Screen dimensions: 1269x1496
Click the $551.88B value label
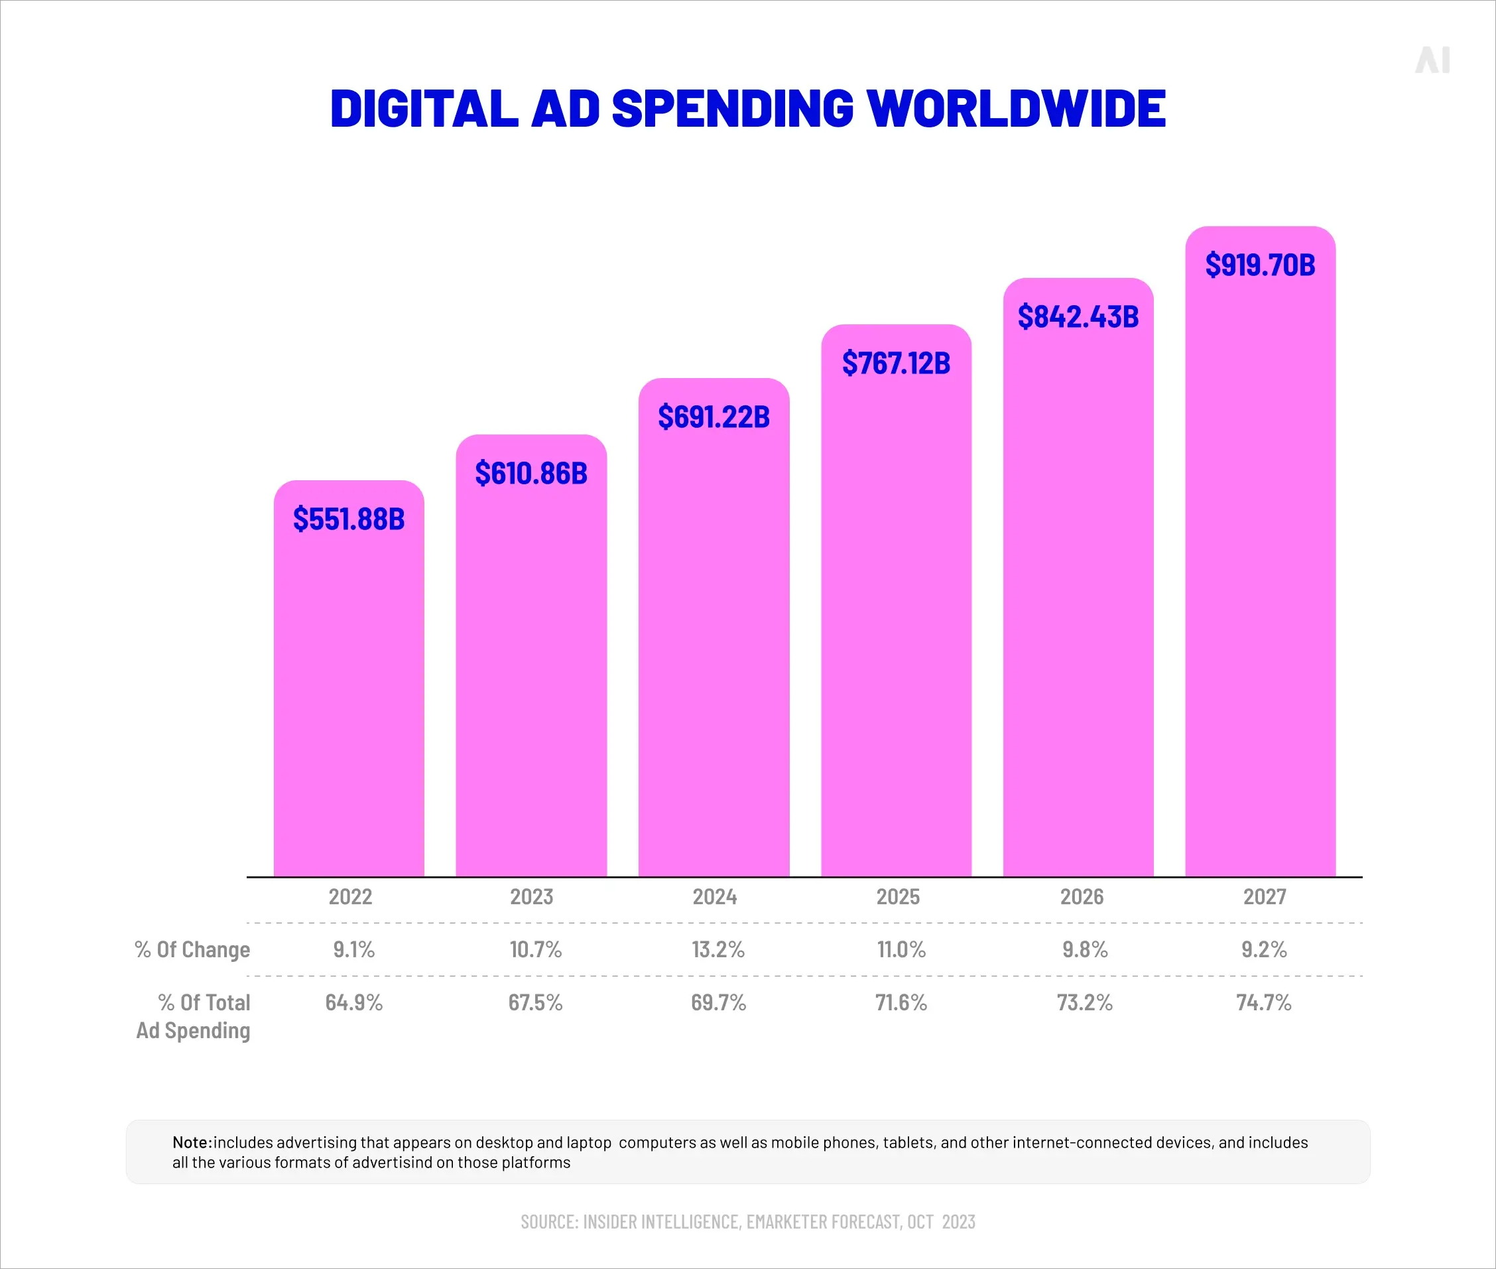[349, 519]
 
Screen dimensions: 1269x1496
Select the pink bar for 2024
[714, 647]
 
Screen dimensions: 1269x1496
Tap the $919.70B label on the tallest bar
[1260, 265]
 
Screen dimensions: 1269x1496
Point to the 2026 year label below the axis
[1081, 896]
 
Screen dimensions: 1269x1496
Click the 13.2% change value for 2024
[717, 949]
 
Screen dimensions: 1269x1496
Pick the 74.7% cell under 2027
[1264, 1002]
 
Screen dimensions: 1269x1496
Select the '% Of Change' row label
[192, 949]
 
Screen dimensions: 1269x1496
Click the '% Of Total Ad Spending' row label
[194, 1016]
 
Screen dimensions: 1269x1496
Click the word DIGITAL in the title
[424, 109]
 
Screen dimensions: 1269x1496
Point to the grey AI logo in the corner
[1432, 60]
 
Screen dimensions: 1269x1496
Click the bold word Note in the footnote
[192, 1142]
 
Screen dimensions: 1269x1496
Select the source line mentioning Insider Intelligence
[748, 1221]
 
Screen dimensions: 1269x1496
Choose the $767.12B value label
[896, 363]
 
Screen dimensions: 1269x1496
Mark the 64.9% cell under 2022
[353, 1002]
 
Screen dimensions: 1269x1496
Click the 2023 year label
[532, 896]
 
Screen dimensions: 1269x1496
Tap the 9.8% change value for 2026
[1085, 949]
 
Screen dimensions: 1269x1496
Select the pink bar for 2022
[349, 705]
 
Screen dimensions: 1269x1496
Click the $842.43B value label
[1078, 316]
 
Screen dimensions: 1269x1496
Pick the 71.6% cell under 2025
[901, 1002]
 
